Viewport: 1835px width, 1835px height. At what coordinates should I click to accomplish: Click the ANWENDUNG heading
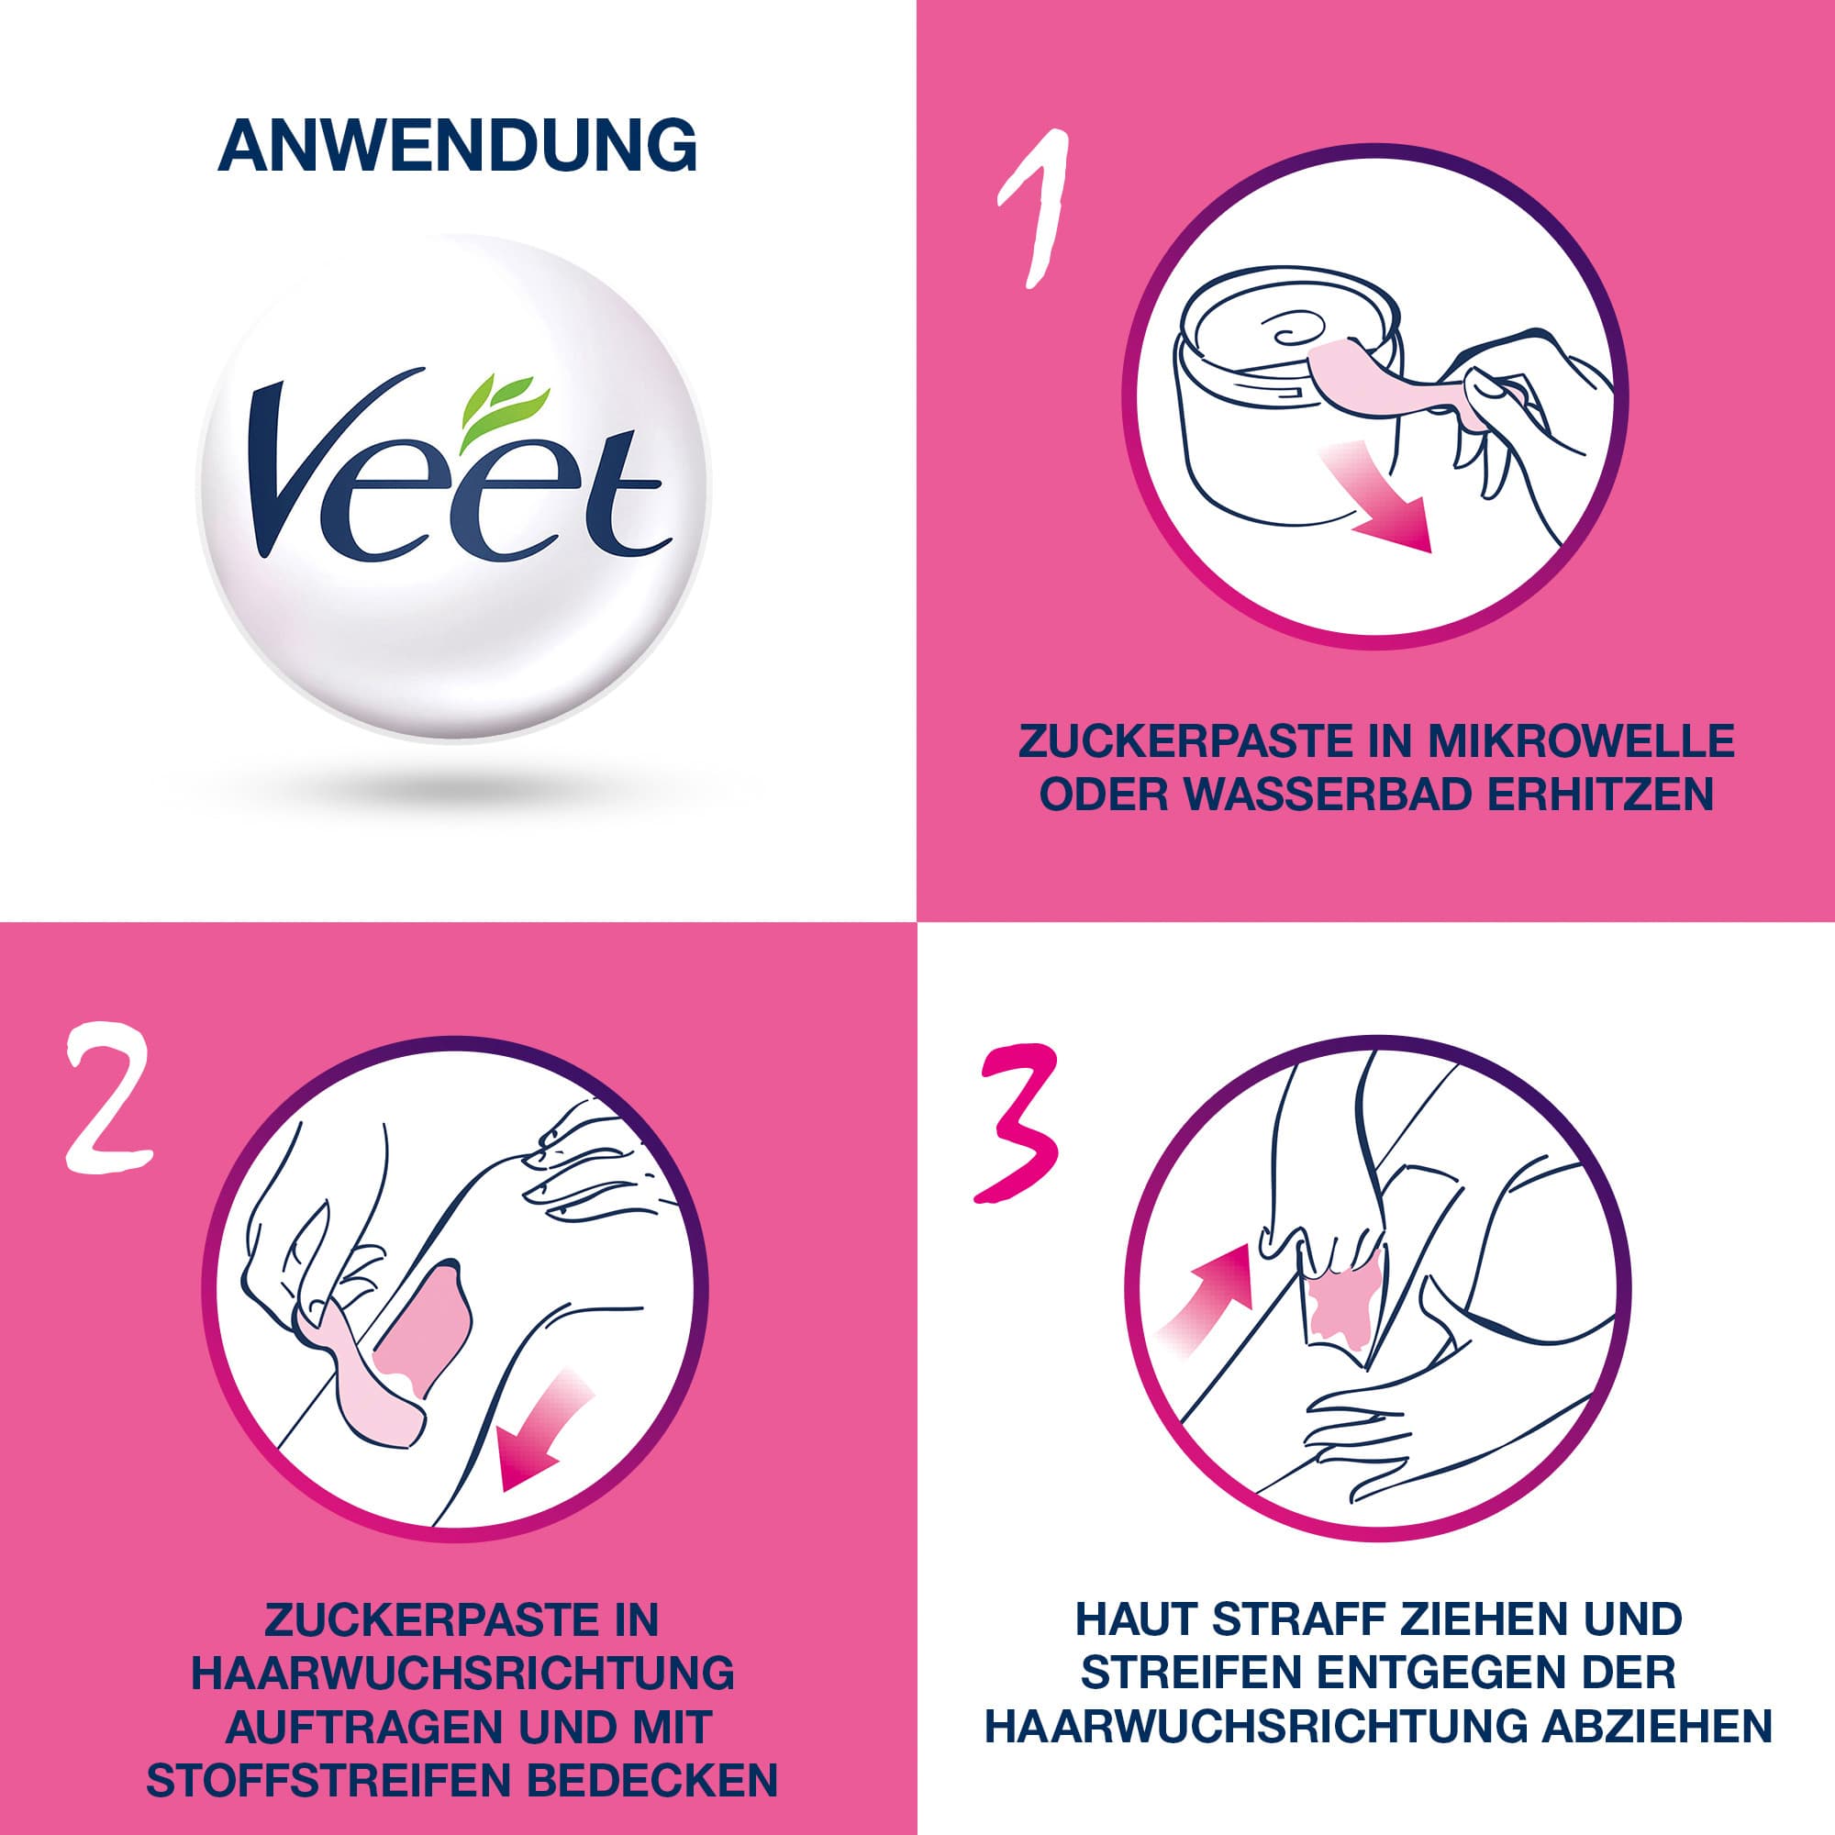pos(457,145)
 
